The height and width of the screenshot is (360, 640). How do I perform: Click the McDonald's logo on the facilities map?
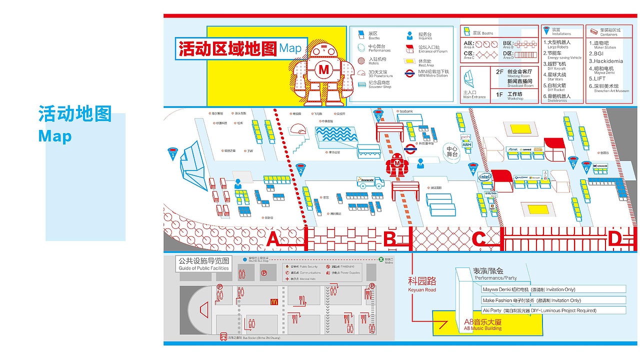click(274, 301)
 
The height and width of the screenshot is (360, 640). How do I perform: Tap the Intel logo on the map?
click(484, 177)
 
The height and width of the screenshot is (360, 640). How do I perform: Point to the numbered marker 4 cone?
click(472, 168)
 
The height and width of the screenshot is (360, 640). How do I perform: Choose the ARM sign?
click(466, 144)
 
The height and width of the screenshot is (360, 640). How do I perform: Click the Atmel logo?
click(512, 149)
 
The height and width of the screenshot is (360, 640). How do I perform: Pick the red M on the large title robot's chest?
click(324, 69)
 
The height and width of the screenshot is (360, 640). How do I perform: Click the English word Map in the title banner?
click(290, 48)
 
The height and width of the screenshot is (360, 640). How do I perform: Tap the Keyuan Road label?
click(422, 283)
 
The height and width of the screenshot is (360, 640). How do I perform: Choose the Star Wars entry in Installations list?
click(557, 76)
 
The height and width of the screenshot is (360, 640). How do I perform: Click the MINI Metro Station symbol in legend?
click(409, 72)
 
